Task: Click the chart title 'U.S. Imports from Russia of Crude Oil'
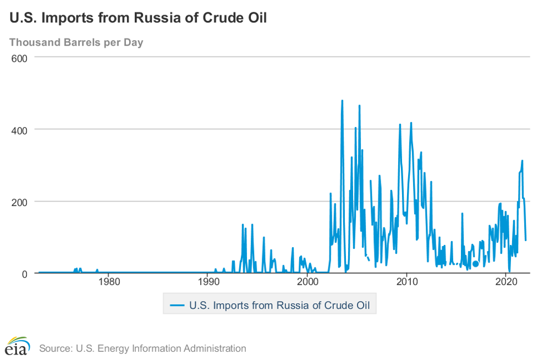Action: tap(138, 18)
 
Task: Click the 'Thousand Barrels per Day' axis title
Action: tap(76, 42)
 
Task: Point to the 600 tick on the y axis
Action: tap(20, 57)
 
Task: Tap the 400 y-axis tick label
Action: tap(20, 129)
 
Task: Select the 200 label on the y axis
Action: tap(20, 201)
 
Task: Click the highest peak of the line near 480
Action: tap(342, 101)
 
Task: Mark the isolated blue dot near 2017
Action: tap(476, 264)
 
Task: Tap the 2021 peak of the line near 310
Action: tap(522, 161)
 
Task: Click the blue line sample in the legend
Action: tap(177, 304)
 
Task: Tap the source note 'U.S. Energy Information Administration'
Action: tap(160, 348)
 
